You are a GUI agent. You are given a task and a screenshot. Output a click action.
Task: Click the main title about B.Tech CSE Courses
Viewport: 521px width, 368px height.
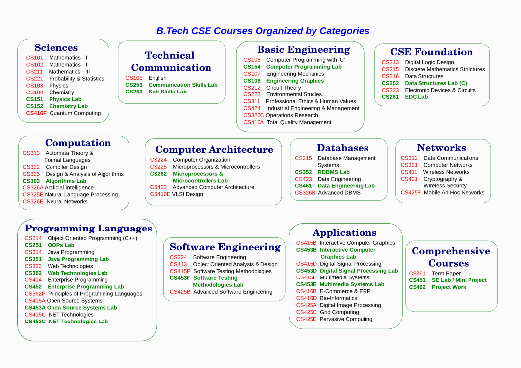click(263, 31)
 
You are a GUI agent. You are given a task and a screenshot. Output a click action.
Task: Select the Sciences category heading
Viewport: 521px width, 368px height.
click(56, 48)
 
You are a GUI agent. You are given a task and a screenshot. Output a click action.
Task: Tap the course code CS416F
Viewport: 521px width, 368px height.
click(36, 113)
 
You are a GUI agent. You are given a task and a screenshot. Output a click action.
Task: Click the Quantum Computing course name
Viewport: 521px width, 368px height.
click(75, 113)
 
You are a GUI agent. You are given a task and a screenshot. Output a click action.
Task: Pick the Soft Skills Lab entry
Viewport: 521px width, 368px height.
click(167, 92)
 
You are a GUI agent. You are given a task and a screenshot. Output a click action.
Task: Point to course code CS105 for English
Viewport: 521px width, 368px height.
click(134, 78)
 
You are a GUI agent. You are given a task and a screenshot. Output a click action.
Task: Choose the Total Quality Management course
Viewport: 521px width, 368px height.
click(299, 123)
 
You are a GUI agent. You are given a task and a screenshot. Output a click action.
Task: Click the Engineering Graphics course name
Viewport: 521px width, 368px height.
click(295, 81)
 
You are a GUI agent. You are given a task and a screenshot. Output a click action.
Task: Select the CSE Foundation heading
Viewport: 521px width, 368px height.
click(432, 52)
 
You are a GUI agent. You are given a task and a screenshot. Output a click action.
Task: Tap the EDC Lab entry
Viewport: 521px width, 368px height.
click(417, 97)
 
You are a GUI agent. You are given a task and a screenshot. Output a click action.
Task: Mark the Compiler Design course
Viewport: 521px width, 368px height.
click(66, 167)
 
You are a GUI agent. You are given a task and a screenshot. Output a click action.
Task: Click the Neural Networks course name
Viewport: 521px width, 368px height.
click(67, 201)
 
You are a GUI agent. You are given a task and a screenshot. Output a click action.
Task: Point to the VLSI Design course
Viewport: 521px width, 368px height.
click(187, 194)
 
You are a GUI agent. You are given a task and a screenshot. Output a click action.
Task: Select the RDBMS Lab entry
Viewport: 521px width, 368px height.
click(334, 172)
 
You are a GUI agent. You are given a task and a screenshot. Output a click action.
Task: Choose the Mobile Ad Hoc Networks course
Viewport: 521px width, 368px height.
click(454, 193)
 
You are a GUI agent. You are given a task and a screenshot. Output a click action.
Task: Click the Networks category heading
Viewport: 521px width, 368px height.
click(442, 148)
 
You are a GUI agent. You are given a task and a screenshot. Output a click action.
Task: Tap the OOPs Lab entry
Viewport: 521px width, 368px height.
click(61, 245)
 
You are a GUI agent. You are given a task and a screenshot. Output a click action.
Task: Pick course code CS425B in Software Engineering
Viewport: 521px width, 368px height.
click(180, 292)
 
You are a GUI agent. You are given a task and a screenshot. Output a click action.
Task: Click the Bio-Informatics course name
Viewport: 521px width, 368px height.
click(338, 298)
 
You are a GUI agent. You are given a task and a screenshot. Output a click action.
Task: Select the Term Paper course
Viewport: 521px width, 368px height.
click(446, 274)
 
